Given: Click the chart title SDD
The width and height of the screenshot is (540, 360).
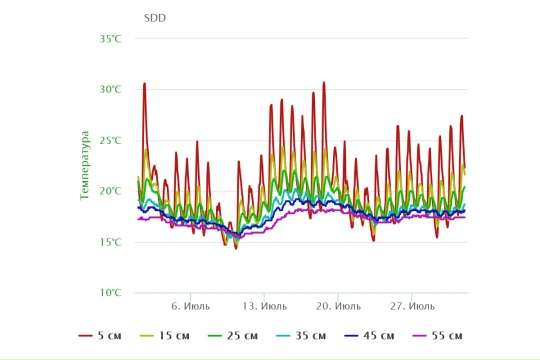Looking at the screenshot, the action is (x=155, y=18).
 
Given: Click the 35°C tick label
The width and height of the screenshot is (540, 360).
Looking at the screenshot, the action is (x=111, y=39).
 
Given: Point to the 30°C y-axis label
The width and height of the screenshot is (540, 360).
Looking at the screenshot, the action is (x=111, y=90).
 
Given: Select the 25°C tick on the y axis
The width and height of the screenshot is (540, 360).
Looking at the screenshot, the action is (x=111, y=141).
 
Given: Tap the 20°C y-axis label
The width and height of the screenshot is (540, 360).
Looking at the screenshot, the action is (x=111, y=191).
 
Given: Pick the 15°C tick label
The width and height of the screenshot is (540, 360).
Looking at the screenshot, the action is (x=111, y=242).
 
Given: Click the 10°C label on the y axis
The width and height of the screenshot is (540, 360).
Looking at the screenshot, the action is (x=111, y=293).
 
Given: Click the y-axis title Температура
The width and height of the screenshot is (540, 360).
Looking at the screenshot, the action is (x=84, y=165).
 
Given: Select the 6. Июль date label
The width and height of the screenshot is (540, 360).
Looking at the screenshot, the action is (x=190, y=306).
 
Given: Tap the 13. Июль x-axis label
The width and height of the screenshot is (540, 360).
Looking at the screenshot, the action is (x=264, y=306).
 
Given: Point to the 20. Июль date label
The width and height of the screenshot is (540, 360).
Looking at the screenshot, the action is (x=339, y=306).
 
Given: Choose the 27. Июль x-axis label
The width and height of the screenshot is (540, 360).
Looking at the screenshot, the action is (x=412, y=306).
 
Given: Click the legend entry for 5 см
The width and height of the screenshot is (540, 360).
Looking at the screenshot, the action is (x=100, y=336).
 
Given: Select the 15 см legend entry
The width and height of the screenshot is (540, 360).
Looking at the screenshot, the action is (x=165, y=336).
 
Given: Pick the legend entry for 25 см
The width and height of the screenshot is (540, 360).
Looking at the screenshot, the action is (x=233, y=336).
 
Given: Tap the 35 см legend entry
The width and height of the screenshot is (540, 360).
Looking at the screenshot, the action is (x=301, y=336).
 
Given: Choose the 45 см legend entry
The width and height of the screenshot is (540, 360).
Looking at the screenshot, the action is (x=369, y=336).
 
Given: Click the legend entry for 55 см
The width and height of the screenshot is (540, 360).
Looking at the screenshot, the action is (x=437, y=336).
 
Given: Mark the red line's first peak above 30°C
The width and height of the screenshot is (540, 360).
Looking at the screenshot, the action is (x=145, y=83).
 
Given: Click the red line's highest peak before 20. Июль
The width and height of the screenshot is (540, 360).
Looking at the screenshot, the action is (x=324, y=82).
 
